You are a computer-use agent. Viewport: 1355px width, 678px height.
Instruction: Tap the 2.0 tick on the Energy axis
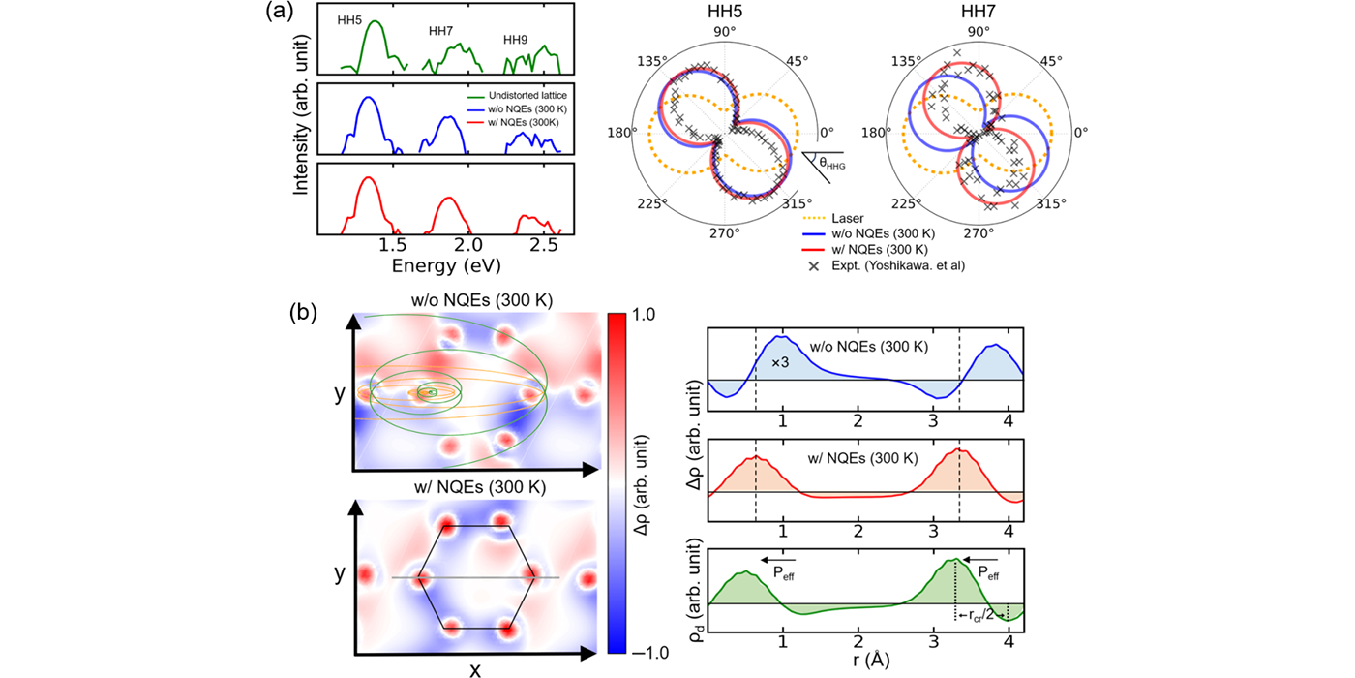click(468, 246)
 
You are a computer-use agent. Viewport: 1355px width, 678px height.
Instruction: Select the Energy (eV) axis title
click(446, 265)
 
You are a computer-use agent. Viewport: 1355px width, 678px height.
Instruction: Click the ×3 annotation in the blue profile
click(782, 361)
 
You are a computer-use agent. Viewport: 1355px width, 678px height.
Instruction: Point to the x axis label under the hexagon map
click(475, 668)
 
